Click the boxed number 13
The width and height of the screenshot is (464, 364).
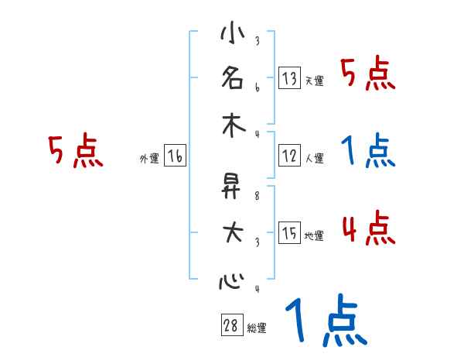click(x=290, y=77)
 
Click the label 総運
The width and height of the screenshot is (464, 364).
click(x=257, y=328)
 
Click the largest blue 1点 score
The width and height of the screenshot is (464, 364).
click(x=325, y=321)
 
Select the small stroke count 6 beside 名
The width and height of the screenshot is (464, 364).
click(x=257, y=87)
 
